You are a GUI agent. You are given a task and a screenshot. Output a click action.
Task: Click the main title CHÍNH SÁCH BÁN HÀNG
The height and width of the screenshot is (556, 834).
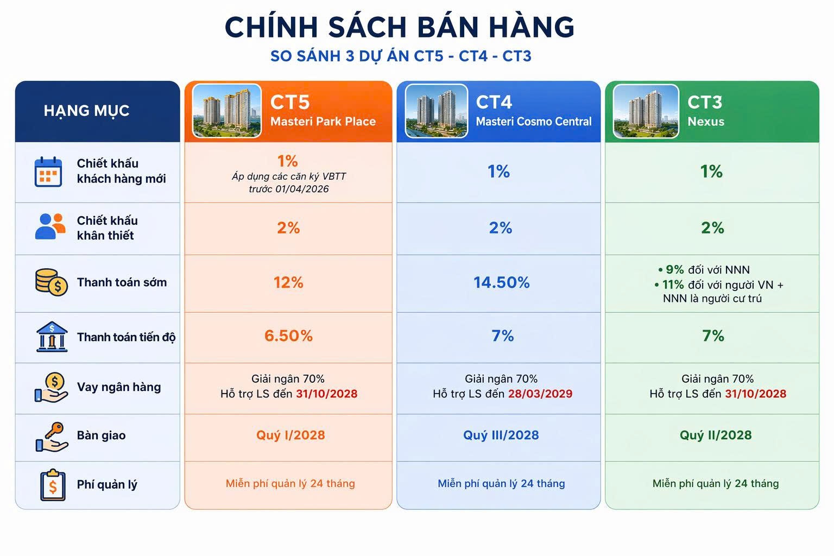(400, 27)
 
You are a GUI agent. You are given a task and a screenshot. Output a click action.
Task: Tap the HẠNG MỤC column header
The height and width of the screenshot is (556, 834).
(86, 111)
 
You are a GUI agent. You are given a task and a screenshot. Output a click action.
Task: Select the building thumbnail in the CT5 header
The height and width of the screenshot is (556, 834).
(227, 111)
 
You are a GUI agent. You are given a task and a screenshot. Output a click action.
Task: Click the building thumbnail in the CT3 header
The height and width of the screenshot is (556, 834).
(646, 111)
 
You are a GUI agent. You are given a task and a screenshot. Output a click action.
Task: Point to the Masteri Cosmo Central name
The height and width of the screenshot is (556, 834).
(534, 122)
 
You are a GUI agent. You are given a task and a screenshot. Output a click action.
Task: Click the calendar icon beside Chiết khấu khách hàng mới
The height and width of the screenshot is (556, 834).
(48, 172)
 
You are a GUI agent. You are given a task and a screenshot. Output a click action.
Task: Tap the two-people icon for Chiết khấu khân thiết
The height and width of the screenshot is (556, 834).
(50, 226)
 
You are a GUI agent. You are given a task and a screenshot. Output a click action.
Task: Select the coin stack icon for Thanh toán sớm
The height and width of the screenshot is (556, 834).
(52, 282)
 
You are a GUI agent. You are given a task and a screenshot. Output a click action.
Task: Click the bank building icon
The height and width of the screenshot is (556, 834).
(52, 337)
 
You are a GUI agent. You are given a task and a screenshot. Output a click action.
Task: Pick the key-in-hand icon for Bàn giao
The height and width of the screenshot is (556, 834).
(52, 437)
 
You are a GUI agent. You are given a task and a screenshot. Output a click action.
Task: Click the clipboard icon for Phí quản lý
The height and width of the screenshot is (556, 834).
(53, 484)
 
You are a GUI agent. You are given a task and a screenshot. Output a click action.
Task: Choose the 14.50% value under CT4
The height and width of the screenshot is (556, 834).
(501, 282)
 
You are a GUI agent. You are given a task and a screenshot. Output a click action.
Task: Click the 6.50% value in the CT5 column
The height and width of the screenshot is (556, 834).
(288, 336)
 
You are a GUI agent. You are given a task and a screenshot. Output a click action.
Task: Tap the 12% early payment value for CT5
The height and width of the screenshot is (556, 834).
(288, 283)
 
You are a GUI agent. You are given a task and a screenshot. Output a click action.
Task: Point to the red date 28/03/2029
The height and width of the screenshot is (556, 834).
(540, 394)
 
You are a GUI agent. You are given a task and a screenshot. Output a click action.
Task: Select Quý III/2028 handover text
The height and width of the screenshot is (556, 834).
(501, 435)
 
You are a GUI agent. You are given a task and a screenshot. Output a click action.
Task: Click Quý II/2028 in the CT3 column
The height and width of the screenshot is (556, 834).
(716, 435)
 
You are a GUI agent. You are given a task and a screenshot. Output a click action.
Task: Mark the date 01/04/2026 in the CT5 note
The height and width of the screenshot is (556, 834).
(302, 189)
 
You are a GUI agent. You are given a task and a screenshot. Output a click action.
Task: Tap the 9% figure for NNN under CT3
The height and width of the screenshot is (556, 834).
(675, 269)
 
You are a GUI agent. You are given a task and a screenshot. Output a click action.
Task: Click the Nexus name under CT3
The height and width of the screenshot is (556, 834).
(706, 122)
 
